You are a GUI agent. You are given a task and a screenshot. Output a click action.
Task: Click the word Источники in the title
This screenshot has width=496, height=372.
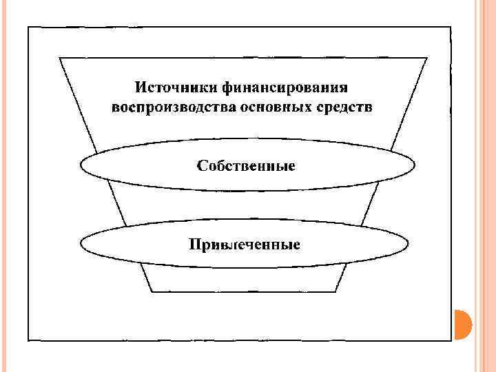(x=176, y=88)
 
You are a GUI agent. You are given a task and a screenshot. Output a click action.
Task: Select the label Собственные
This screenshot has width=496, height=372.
(x=247, y=166)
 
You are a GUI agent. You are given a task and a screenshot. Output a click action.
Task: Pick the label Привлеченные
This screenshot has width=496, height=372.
(x=245, y=245)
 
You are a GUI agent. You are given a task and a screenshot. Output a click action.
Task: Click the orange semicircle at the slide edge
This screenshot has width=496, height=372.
(x=462, y=323)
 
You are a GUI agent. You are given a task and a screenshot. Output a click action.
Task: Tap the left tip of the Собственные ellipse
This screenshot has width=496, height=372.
(x=81, y=166)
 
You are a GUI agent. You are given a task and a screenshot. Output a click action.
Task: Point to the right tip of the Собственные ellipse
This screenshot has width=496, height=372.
(x=415, y=166)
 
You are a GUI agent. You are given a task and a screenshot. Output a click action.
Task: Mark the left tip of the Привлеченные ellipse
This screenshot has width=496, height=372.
(x=81, y=244)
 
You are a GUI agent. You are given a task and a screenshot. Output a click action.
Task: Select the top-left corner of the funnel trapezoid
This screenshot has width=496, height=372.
(x=61, y=57)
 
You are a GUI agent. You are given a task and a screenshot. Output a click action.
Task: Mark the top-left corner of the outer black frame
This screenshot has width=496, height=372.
(x=28, y=28)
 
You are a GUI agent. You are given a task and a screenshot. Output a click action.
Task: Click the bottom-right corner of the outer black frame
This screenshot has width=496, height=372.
(x=451, y=340)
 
